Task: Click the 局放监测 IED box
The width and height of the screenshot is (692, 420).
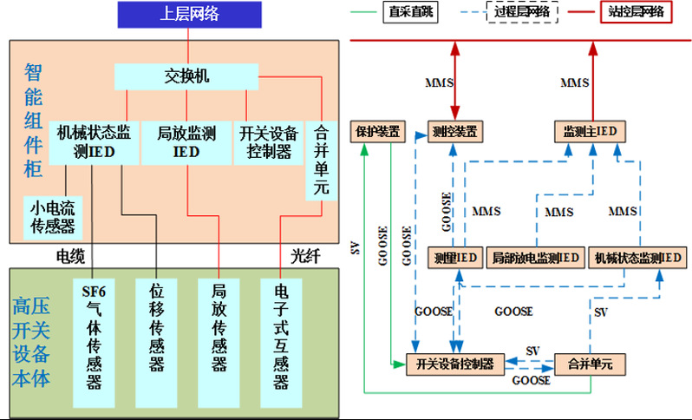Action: [x=186, y=142]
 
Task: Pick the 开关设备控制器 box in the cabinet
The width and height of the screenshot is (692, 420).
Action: [x=269, y=142]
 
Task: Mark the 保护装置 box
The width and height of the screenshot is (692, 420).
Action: [x=376, y=132]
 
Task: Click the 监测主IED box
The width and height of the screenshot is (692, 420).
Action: [x=590, y=132]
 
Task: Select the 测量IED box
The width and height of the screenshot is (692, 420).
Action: [x=454, y=258]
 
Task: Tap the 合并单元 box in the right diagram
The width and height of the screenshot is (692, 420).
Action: [x=590, y=364]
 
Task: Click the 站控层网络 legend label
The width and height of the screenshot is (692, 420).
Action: [x=636, y=11]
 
